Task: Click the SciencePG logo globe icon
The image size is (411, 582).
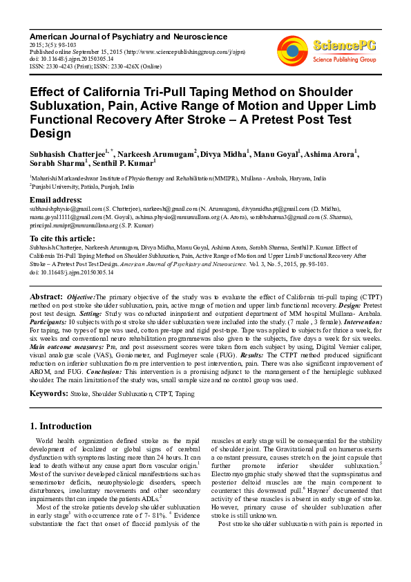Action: [292, 50]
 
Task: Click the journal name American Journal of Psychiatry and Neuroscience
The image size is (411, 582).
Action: [128, 36]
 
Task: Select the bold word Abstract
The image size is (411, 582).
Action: [46, 297]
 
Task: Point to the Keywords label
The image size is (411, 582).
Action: [48, 393]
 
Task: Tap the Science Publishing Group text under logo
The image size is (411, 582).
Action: [343, 60]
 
